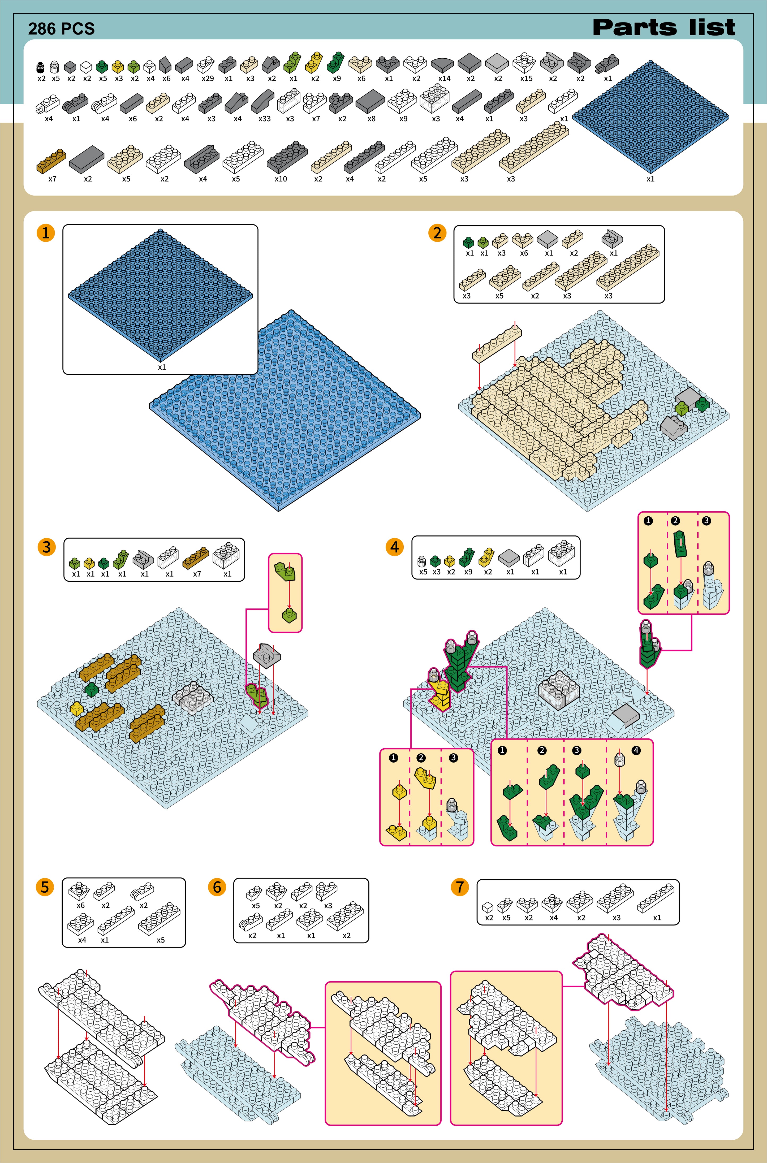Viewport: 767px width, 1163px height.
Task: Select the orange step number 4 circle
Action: tap(395, 547)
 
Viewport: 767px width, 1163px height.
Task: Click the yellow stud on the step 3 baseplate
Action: tap(76, 708)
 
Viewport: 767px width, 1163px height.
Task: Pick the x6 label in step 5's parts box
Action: tap(80, 905)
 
